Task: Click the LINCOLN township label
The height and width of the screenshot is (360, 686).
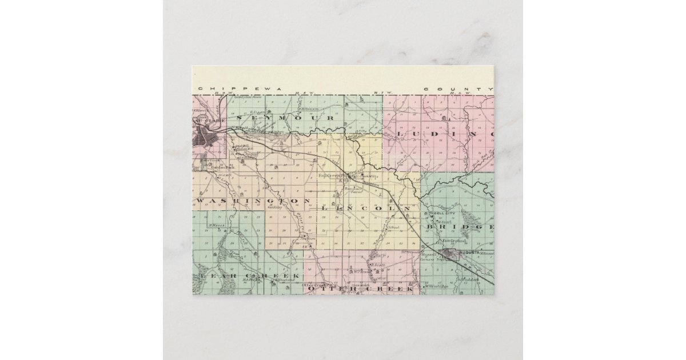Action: [366, 209]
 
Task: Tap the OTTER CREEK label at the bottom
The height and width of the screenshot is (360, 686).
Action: [361, 290]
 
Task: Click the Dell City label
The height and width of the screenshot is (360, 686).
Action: [444, 216]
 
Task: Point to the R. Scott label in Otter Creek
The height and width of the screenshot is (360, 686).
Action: [377, 265]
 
